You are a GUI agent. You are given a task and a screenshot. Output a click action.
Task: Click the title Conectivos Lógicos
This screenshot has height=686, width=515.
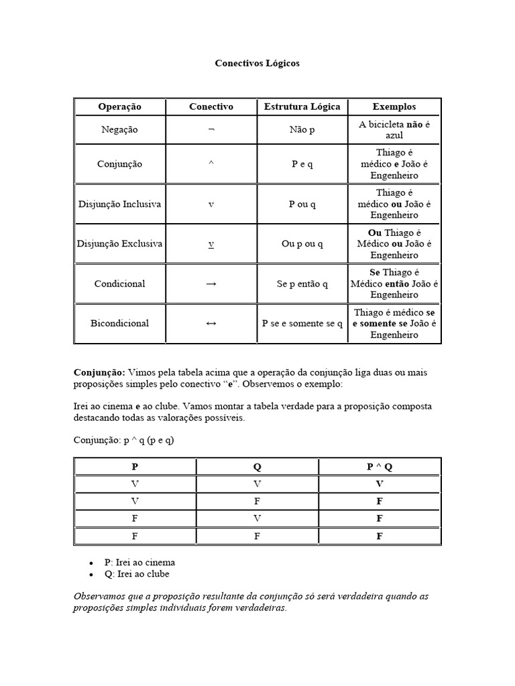click(257, 64)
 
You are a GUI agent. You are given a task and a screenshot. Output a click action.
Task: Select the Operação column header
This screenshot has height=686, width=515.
click(119, 107)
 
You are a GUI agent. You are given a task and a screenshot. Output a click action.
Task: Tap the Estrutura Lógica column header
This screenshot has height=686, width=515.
click(302, 107)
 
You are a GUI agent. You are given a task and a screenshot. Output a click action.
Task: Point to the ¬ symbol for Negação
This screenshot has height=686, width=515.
click(211, 129)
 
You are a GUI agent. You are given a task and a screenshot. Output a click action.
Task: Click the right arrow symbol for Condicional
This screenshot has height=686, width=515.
click(211, 283)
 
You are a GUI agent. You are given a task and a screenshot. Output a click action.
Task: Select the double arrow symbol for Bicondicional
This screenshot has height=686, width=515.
click(211, 324)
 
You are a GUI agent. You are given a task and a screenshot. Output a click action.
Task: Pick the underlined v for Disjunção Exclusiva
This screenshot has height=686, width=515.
click(211, 245)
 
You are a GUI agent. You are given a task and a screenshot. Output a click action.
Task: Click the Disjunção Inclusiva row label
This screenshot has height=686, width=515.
click(119, 204)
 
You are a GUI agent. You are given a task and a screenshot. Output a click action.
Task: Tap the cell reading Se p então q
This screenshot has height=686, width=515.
click(302, 283)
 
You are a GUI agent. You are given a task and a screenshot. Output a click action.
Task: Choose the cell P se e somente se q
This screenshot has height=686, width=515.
click(302, 324)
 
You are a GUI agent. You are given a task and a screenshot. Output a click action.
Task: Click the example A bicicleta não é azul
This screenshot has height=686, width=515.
click(394, 130)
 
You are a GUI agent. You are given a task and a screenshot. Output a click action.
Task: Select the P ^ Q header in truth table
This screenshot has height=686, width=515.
click(380, 467)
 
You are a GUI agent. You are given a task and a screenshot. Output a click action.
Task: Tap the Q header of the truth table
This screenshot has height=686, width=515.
click(257, 467)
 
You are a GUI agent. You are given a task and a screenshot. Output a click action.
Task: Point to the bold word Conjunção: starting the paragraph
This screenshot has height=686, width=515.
click(99, 372)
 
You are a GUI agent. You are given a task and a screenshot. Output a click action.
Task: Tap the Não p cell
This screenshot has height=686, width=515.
click(302, 129)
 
